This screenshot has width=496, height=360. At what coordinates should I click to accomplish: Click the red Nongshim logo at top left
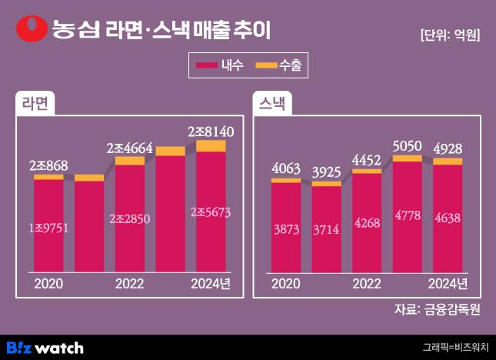32,28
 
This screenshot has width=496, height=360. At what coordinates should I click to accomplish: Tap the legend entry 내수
221,67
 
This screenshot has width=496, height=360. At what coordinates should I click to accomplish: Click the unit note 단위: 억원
450,35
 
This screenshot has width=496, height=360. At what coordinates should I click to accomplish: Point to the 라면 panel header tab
35,105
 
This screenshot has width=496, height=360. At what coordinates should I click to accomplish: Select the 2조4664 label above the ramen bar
130,148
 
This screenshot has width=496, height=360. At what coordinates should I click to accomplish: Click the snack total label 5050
408,146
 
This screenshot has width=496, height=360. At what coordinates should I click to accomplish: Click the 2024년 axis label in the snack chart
448,283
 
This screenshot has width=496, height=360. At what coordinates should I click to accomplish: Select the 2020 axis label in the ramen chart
48,283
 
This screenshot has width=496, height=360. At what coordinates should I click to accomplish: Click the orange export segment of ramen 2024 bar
211,146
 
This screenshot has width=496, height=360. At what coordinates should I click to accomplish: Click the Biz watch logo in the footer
44,348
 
